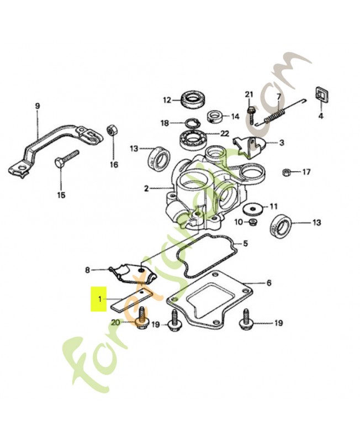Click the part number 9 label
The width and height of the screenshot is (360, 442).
38,106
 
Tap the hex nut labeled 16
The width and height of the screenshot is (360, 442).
110,130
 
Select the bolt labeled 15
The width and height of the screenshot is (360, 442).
66,159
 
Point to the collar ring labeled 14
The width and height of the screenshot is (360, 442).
215,117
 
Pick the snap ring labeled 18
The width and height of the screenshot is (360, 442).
192,123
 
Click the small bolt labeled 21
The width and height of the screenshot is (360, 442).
251,114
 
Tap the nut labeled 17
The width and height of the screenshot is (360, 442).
286,172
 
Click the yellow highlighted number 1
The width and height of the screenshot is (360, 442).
100,299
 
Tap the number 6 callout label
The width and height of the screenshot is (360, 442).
269,282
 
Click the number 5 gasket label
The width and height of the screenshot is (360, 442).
246,243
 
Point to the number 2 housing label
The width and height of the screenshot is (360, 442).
146,188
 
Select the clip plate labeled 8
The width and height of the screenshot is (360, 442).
133,273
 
